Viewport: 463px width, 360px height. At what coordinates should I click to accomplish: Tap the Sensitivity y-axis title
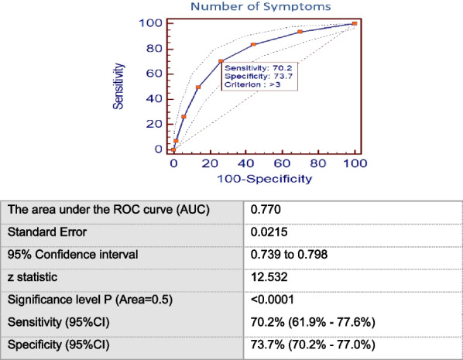[120, 86]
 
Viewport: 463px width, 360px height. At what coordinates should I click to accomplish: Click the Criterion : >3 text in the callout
[253, 84]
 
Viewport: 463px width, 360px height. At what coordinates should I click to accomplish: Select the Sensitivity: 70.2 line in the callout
[257, 68]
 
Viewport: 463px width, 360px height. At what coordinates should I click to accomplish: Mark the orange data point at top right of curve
[354, 23]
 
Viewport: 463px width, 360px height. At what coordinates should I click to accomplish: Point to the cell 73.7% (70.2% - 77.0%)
[304, 344]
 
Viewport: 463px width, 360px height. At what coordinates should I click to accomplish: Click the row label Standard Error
[43, 231]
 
